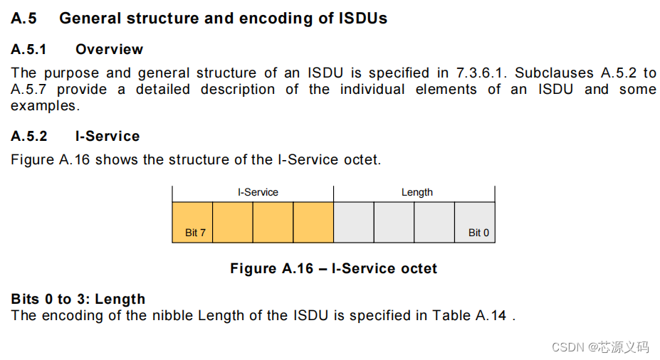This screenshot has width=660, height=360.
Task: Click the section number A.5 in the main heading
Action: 23,18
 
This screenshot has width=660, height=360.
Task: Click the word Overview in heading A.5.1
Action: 109,49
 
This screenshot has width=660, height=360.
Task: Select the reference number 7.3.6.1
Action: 477,73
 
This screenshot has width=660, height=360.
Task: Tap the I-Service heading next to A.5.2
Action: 108,136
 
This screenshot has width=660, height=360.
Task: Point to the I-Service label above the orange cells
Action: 258,192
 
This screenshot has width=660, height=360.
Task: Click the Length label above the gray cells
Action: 417,192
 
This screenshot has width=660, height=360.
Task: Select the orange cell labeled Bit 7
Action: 192,222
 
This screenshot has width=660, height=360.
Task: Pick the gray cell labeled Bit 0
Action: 474,222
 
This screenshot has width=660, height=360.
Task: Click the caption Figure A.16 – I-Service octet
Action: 333,268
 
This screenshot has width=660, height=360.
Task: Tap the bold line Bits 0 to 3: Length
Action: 78,299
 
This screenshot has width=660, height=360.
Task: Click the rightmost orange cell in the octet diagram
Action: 313,222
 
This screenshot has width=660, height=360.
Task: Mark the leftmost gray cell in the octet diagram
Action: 353,222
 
